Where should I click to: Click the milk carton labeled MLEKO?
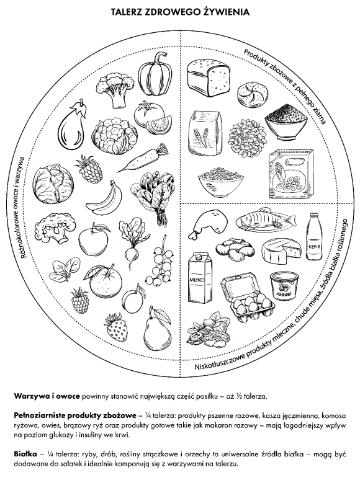point(200,277)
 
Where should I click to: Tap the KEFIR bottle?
point(313,236)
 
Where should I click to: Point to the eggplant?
point(72,125)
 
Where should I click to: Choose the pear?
point(157,331)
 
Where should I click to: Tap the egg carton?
point(248,298)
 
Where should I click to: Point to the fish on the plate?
point(265,219)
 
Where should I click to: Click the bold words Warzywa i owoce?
point(47,396)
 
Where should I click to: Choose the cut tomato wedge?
point(159,125)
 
